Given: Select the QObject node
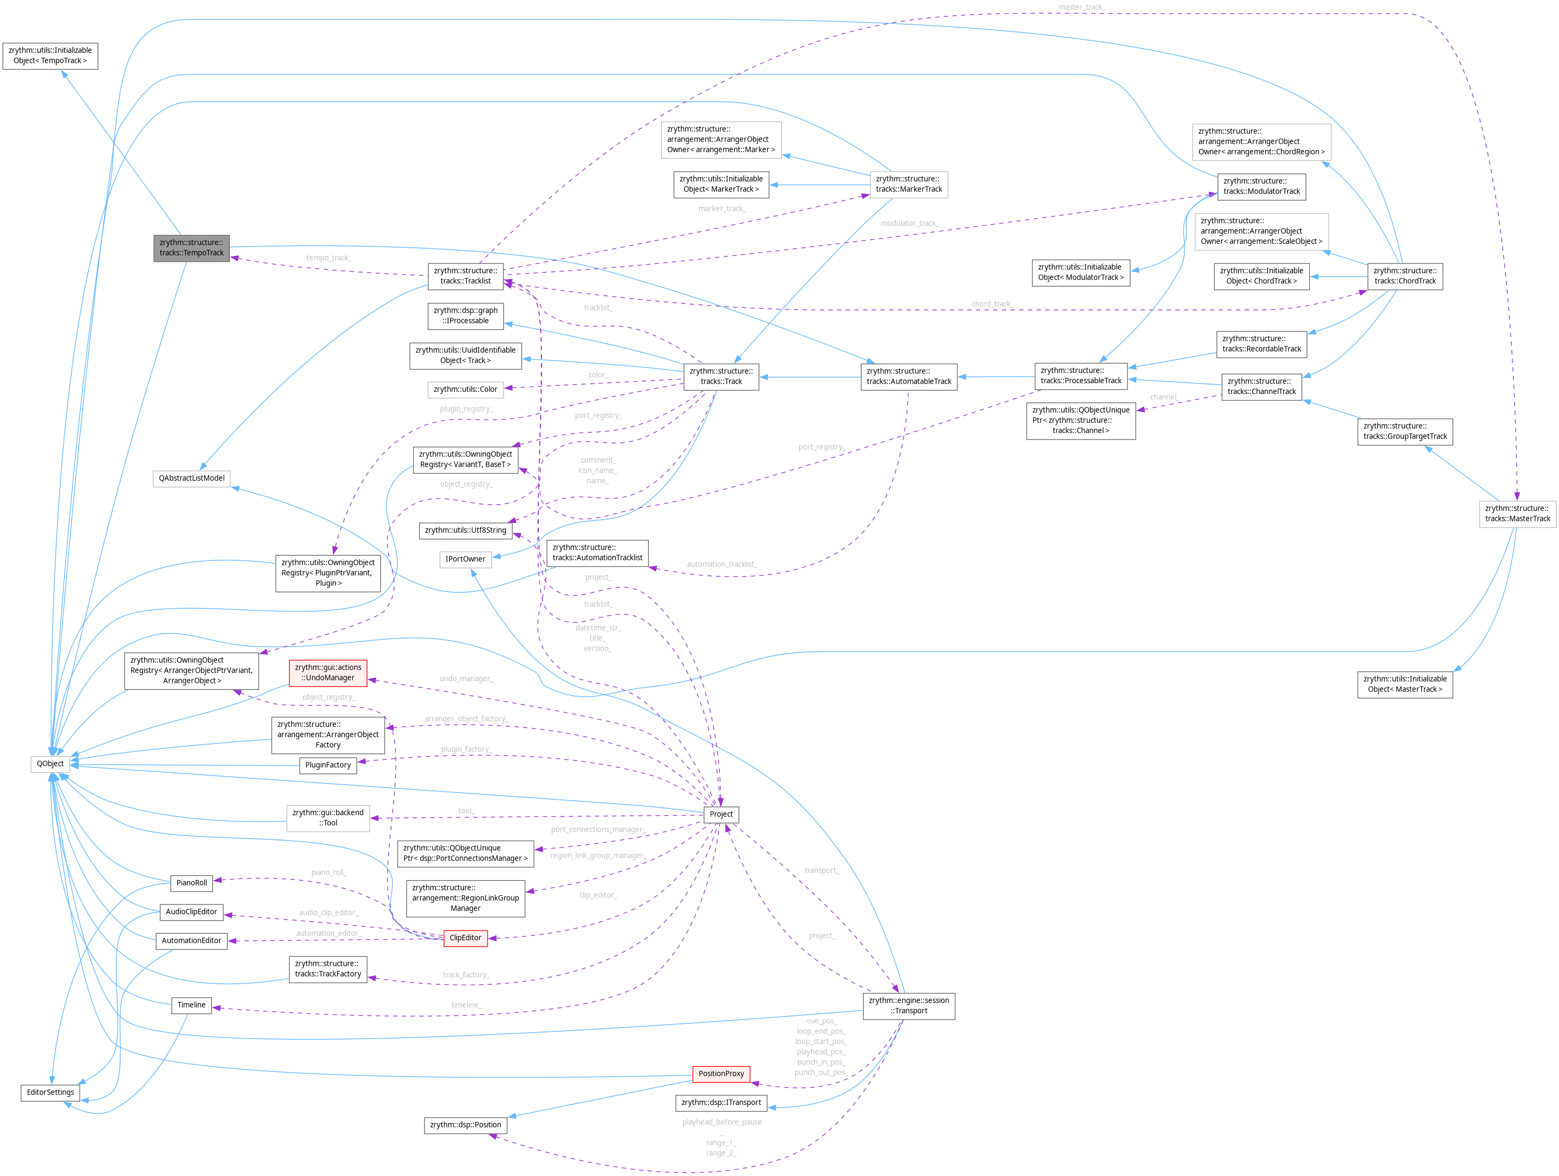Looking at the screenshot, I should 50,764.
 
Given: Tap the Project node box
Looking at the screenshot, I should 720,814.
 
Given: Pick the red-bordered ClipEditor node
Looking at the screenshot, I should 465,938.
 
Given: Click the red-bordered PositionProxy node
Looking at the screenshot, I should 720,1074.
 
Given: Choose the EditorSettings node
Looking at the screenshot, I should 50,1092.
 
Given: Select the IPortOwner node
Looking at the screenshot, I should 465,559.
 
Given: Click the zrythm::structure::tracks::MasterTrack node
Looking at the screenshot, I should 1517,514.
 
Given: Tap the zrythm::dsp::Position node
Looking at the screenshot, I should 465,1125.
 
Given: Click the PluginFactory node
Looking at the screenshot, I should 328,765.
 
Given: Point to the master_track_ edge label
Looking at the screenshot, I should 1081,7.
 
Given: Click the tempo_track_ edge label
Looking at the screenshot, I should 328,258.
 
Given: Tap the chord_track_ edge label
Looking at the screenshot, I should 991,303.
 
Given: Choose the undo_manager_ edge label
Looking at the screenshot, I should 466,679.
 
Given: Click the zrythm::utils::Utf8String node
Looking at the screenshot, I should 465,531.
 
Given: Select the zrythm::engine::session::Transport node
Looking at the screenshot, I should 909,1005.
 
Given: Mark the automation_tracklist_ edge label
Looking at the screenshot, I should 721,564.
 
